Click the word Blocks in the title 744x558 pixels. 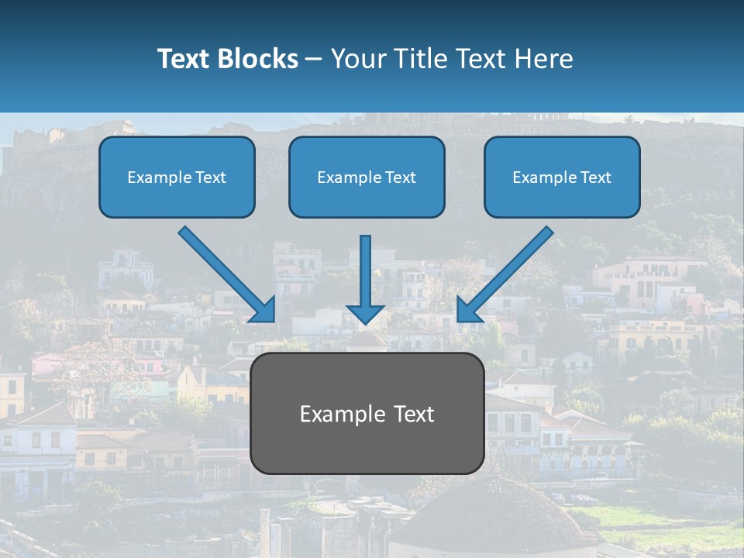(255, 59)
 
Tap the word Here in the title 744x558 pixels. (546, 59)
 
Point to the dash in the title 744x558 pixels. (314, 60)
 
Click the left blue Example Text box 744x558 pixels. (177, 177)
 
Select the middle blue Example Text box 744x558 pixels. (367, 177)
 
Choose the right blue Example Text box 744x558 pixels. (562, 177)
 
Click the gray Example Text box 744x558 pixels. (367, 413)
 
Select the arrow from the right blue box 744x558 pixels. (508, 271)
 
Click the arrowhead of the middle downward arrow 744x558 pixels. (365, 313)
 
